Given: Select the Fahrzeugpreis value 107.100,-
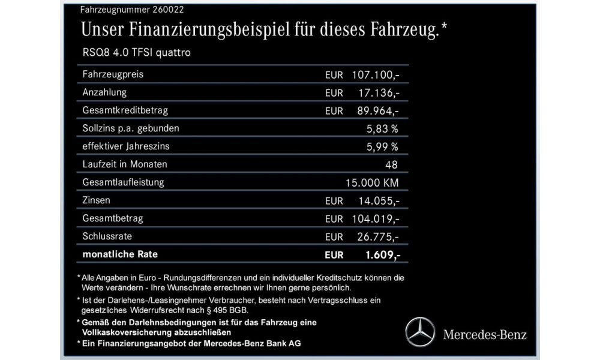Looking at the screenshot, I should pyautogui.click(x=376, y=75).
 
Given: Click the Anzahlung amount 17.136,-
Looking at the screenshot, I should pyautogui.click(x=379, y=93).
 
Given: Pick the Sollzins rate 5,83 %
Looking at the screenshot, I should pyautogui.click(x=382, y=128).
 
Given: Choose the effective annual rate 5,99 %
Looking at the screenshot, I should pyautogui.click(x=382, y=146).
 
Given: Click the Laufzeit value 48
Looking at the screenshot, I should pyautogui.click(x=393, y=164).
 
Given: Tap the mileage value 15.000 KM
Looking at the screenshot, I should pyautogui.click(x=373, y=182).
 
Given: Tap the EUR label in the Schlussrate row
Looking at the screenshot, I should pyautogui.click(x=334, y=236).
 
